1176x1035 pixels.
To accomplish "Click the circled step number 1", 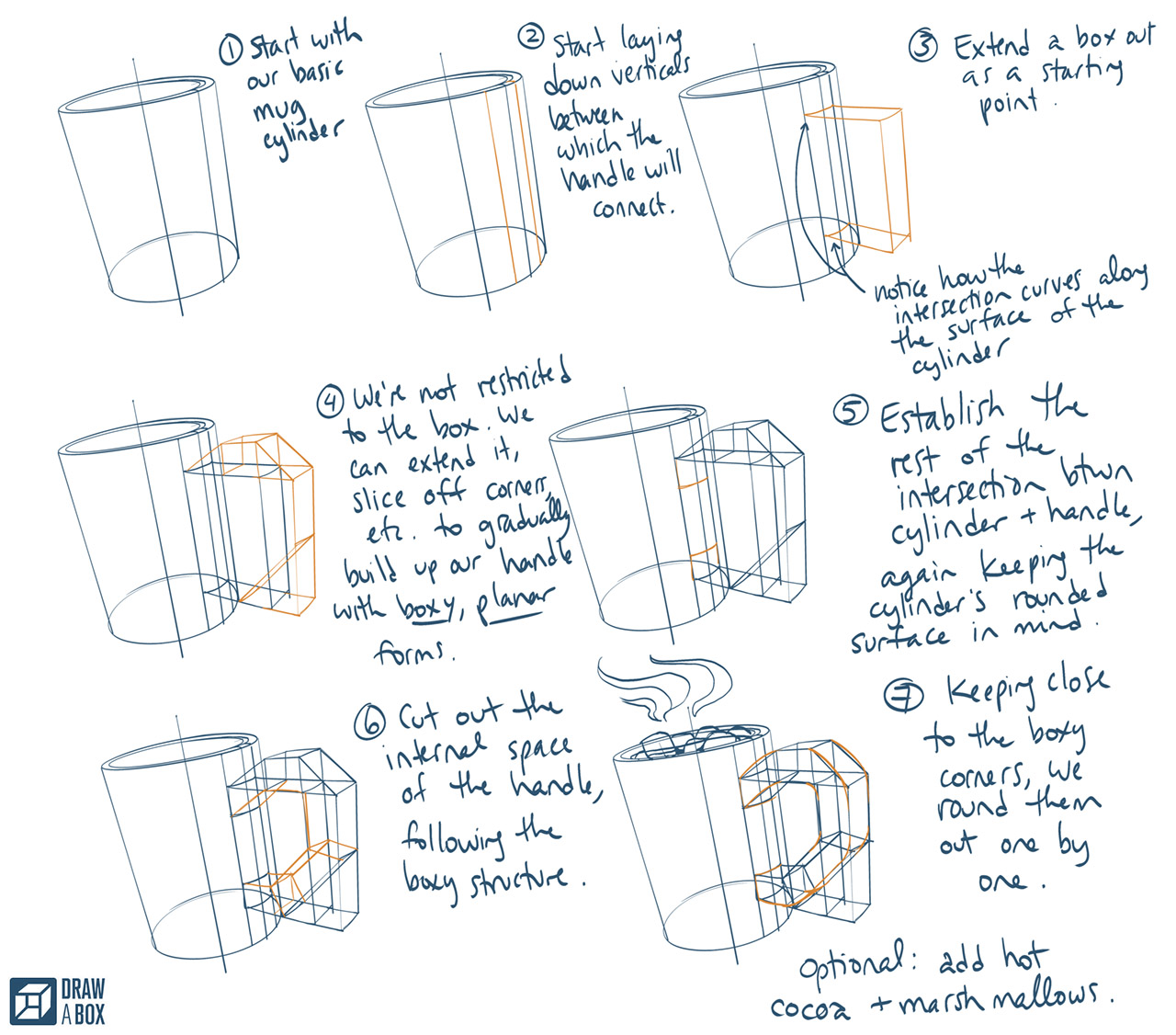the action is (x=231, y=51).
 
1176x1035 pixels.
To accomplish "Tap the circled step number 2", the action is (x=531, y=37).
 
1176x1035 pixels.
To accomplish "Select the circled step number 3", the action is (x=923, y=46).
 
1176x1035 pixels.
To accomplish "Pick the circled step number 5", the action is (x=851, y=411).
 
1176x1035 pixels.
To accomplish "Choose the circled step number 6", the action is (x=369, y=723).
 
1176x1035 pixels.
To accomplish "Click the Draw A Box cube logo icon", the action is (x=32, y=1001).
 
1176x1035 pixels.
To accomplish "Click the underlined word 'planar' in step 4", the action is (x=514, y=604).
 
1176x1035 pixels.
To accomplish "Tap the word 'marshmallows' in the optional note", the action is (x=997, y=999).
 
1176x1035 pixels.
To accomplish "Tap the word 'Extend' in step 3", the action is (x=991, y=45).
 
